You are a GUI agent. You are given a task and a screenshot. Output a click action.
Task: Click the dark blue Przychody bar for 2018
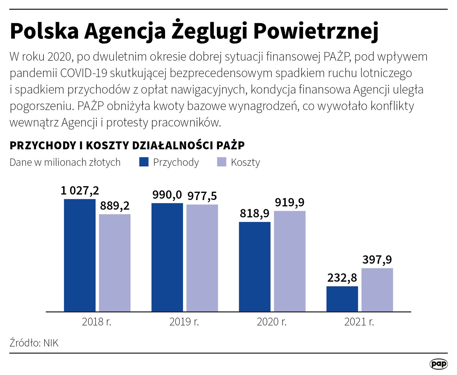click(x=80, y=255)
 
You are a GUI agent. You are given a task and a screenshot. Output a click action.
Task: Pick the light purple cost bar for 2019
click(x=202, y=258)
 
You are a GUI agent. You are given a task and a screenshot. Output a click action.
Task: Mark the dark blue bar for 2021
click(x=342, y=299)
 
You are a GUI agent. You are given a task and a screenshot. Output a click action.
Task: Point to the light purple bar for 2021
click(x=377, y=290)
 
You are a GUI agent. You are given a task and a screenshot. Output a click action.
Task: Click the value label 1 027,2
click(x=80, y=191)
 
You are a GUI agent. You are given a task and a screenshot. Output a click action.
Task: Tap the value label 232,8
click(x=342, y=278)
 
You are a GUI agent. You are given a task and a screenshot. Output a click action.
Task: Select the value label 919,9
click(x=290, y=202)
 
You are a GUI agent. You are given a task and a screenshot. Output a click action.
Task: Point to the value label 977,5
click(x=202, y=196)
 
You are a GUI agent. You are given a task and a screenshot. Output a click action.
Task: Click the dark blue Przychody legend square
click(x=144, y=162)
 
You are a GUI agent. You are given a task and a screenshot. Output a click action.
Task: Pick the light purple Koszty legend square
click(x=221, y=162)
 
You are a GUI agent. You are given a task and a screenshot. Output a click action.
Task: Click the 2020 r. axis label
click(x=272, y=322)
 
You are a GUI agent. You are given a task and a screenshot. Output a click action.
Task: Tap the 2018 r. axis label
click(x=96, y=322)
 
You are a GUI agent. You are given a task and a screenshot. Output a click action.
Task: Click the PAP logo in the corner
click(x=439, y=364)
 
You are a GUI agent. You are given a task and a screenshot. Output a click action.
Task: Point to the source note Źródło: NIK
click(x=34, y=343)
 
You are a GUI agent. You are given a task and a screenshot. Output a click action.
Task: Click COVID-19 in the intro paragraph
click(x=84, y=73)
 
